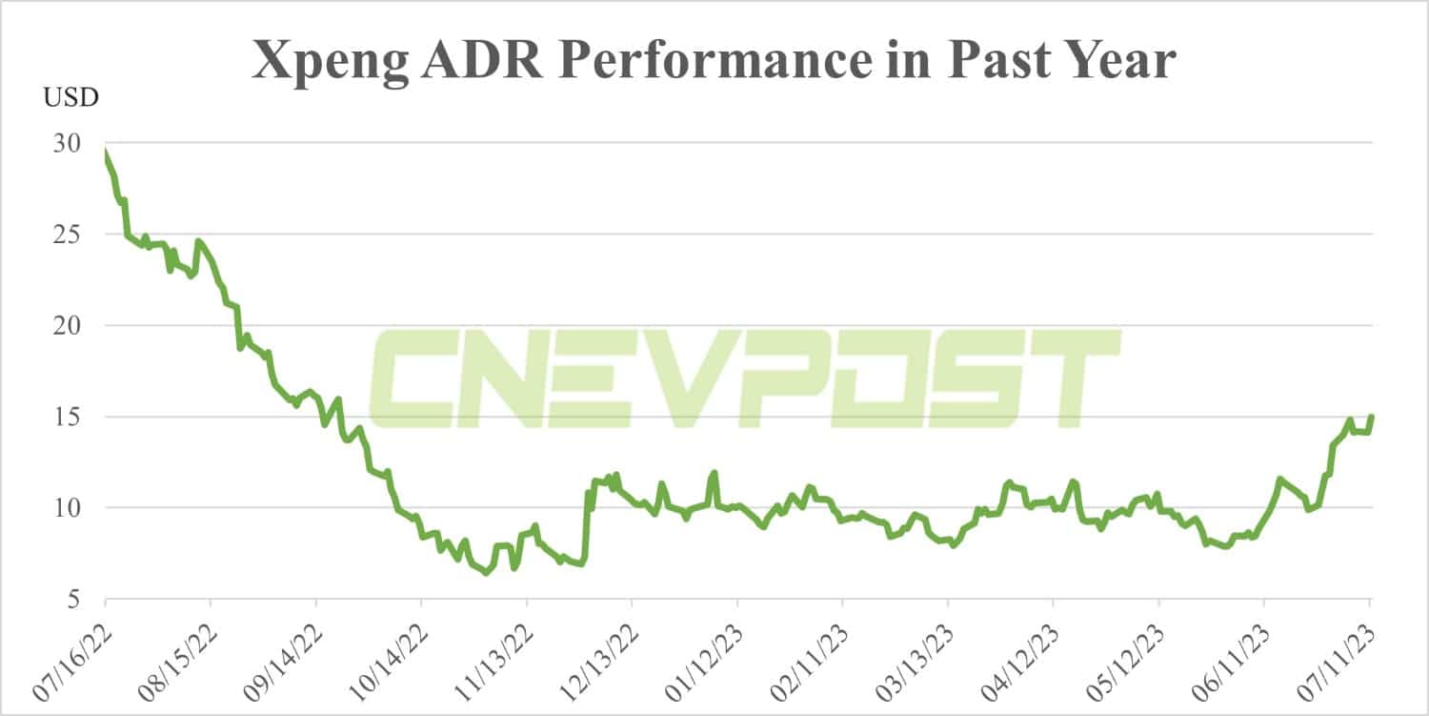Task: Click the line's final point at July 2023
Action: coord(1372,417)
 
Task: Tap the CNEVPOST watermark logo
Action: coord(743,378)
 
